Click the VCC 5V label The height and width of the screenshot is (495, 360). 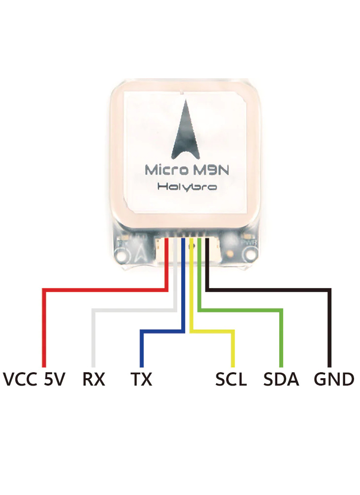click(x=34, y=380)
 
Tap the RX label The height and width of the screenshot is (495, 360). click(x=94, y=380)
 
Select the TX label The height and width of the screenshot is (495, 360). click(x=142, y=380)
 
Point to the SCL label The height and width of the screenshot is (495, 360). click(x=231, y=380)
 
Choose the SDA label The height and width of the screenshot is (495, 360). click(x=281, y=380)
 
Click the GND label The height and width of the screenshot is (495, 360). click(x=334, y=380)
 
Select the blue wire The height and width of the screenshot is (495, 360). click(x=142, y=346)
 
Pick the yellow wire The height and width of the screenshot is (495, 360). click(x=232, y=346)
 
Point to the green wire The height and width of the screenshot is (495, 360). click(x=281, y=337)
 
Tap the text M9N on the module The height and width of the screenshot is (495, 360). click(x=204, y=170)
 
